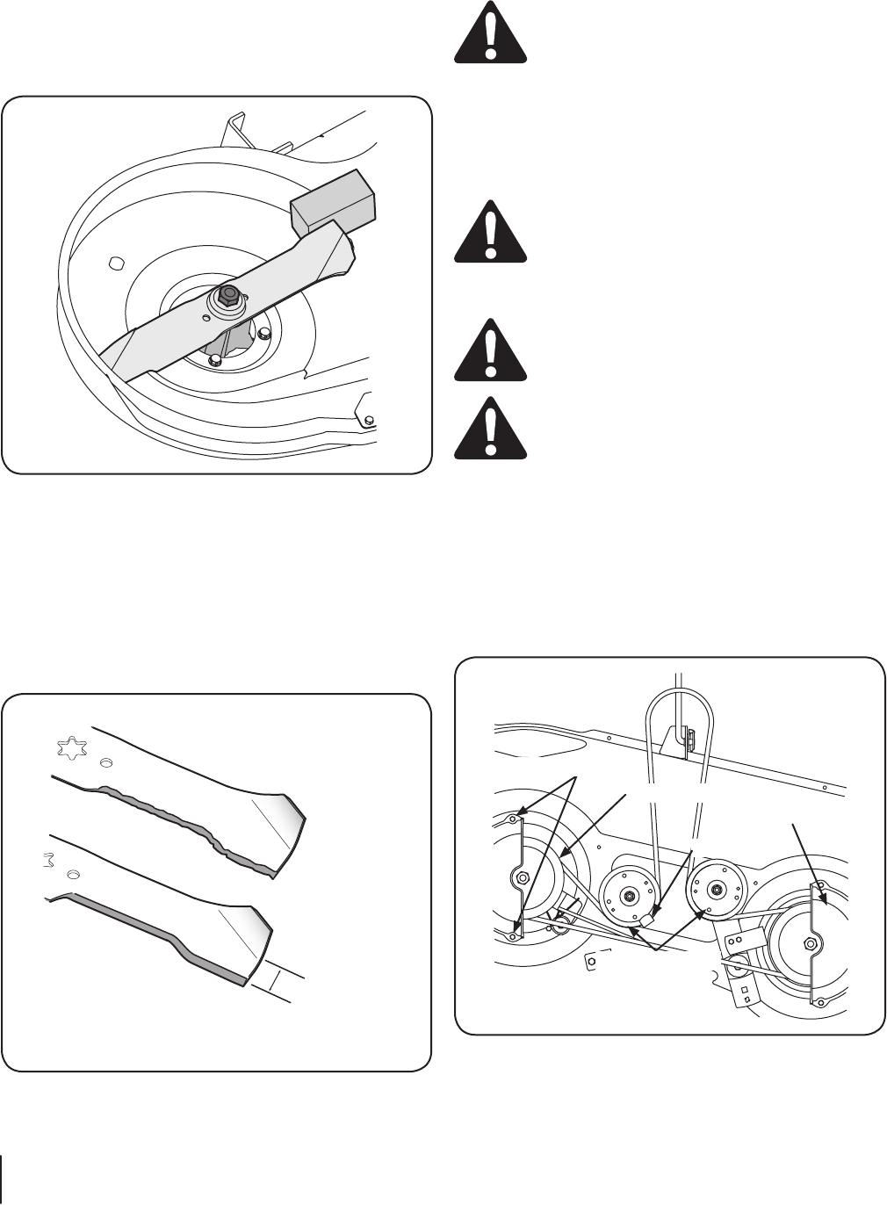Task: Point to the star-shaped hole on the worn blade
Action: [69, 749]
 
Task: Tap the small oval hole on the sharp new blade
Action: [74, 874]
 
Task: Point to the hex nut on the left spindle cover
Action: [522, 877]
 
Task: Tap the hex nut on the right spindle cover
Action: [809, 943]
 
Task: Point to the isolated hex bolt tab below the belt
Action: [592, 961]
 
